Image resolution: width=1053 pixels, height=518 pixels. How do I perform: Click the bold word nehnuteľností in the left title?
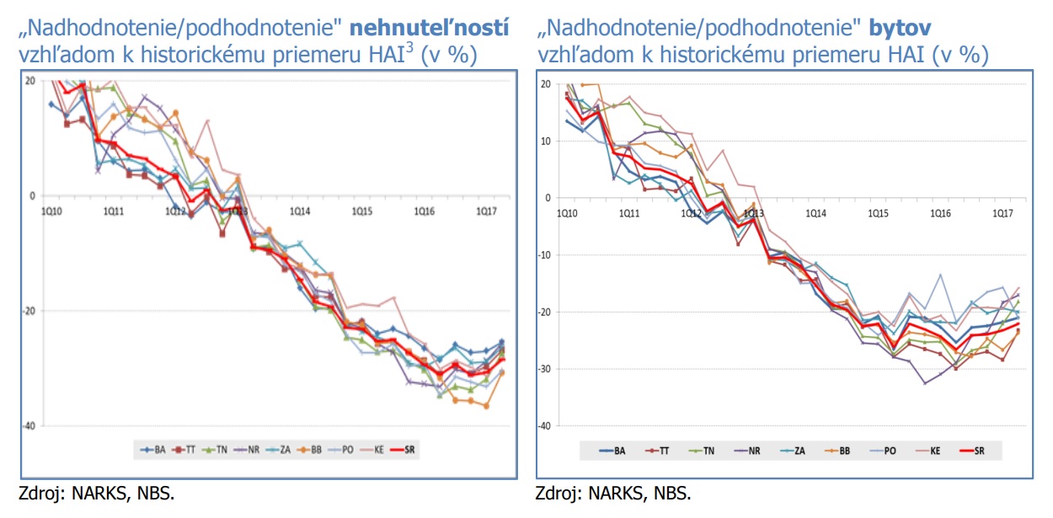pos(430,28)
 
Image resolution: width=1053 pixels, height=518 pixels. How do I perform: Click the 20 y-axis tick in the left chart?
pos(29,81)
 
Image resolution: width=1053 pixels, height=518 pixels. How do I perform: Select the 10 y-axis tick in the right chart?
pos(545,142)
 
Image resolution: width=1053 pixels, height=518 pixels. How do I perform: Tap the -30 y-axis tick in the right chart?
pos(543,369)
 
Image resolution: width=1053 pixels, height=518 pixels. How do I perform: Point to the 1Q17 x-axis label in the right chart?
pos(1002,214)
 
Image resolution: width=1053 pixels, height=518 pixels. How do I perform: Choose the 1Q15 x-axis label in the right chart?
pos(878,214)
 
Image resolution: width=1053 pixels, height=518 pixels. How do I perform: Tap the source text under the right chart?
pos(613,494)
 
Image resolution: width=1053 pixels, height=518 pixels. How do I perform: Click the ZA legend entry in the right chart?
pos(798,451)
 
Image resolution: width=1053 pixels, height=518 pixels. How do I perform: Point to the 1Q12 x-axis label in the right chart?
pos(691,214)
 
